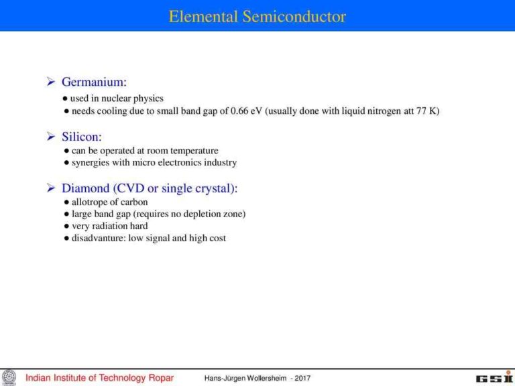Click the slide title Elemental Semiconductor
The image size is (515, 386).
(x=257, y=16)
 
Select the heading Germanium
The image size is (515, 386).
(x=94, y=82)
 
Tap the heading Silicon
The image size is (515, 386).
(x=82, y=137)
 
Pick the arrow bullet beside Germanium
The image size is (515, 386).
(x=50, y=82)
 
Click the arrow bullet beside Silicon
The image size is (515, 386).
(x=50, y=137)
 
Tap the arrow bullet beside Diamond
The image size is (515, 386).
(x=50, y=188)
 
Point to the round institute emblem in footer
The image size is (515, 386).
(x=9, y=377)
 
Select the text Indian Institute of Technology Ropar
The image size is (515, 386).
(x=99, y=378)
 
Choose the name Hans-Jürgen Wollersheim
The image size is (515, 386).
(x=245, y=378)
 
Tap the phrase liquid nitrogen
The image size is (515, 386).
(x=367, y=111)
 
